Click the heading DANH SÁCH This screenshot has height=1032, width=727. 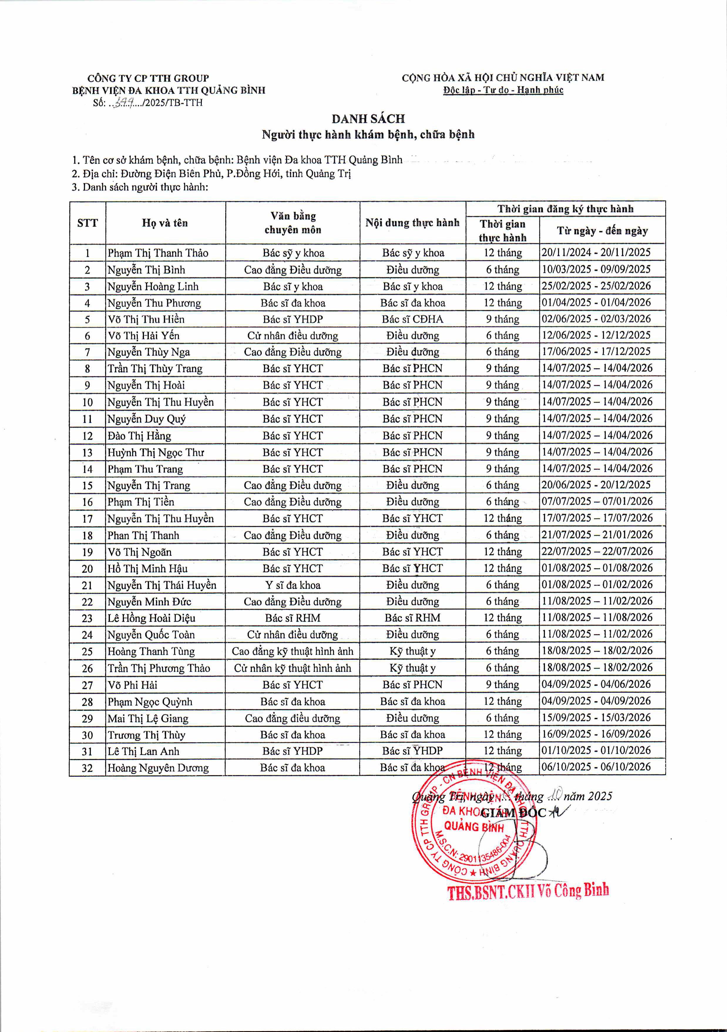point(368,119)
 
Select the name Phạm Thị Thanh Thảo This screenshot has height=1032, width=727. point(158,253)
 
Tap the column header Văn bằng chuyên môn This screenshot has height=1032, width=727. point(293,223)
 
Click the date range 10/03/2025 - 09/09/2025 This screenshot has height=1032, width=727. point(596,269)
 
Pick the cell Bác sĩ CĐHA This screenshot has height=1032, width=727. point(412,319)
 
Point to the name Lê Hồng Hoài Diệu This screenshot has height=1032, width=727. point(151,618)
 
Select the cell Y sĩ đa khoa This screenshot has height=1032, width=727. point(293,585)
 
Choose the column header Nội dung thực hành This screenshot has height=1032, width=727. point(412,223)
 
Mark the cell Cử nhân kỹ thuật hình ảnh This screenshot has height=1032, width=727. point(293,668)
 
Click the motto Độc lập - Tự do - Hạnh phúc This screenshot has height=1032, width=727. point(503,90)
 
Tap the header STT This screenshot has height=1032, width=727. point(87,223)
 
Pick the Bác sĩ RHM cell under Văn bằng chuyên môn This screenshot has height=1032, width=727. point(293,618)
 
